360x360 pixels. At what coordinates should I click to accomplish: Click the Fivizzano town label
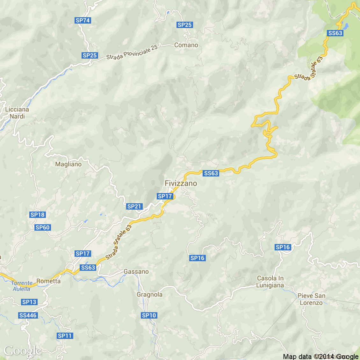coord(181,183)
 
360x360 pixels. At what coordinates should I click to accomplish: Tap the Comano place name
coord(186,45)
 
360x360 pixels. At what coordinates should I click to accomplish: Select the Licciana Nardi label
coord(17,113)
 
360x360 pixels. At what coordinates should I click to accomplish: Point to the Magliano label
coord(68,164)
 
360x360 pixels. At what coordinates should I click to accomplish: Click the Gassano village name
coord(136,272)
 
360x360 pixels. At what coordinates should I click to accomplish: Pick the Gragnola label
coord(149,295)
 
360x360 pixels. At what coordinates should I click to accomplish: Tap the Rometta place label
coord(48,281)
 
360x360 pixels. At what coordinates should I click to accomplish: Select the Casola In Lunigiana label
coord(270,282)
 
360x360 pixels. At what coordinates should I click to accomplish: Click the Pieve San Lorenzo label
coord(311,299)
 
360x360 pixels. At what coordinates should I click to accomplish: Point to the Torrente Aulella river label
coord(22,286)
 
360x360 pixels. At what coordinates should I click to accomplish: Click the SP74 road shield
coord(83,20)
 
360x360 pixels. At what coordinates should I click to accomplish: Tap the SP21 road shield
coord(134,206)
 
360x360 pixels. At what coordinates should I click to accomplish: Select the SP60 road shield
coord(43,227)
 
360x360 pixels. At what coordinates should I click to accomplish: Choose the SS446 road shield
coord(28,315)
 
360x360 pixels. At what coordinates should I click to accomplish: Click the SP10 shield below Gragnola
coord(149,315)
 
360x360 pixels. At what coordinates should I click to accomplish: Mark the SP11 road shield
coord(65,336)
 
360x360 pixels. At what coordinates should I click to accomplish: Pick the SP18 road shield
coord(38,215)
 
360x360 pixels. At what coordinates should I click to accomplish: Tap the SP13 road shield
coord(29,302)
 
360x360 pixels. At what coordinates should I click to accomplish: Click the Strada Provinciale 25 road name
coord(132,52)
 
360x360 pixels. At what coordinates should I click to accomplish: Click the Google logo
coord(22,351)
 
